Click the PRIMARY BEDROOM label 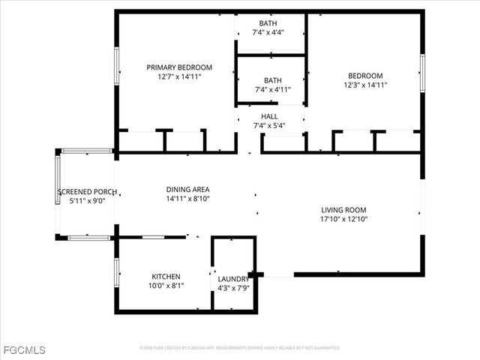pos(179,67)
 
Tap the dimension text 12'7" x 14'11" pos(179,76)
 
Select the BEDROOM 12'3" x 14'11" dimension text pos(365,85)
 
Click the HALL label pos(269,116)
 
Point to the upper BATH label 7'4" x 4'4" pos(268,23)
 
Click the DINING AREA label pos(187,190)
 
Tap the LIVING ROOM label pos(343,210)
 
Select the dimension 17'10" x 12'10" pos(343,220)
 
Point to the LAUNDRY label pos(232,279)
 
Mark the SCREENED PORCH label pos(87,191)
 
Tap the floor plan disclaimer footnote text pos(240,348)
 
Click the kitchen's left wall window pos(116,274)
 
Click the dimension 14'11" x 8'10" pos(187,199)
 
